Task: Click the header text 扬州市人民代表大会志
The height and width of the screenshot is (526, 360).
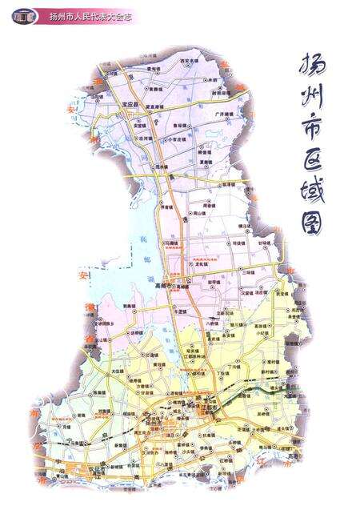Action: click(87, 15)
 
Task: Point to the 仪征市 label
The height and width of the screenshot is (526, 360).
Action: click(96, 471)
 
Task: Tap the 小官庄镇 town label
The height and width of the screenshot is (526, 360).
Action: click(176, 139)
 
